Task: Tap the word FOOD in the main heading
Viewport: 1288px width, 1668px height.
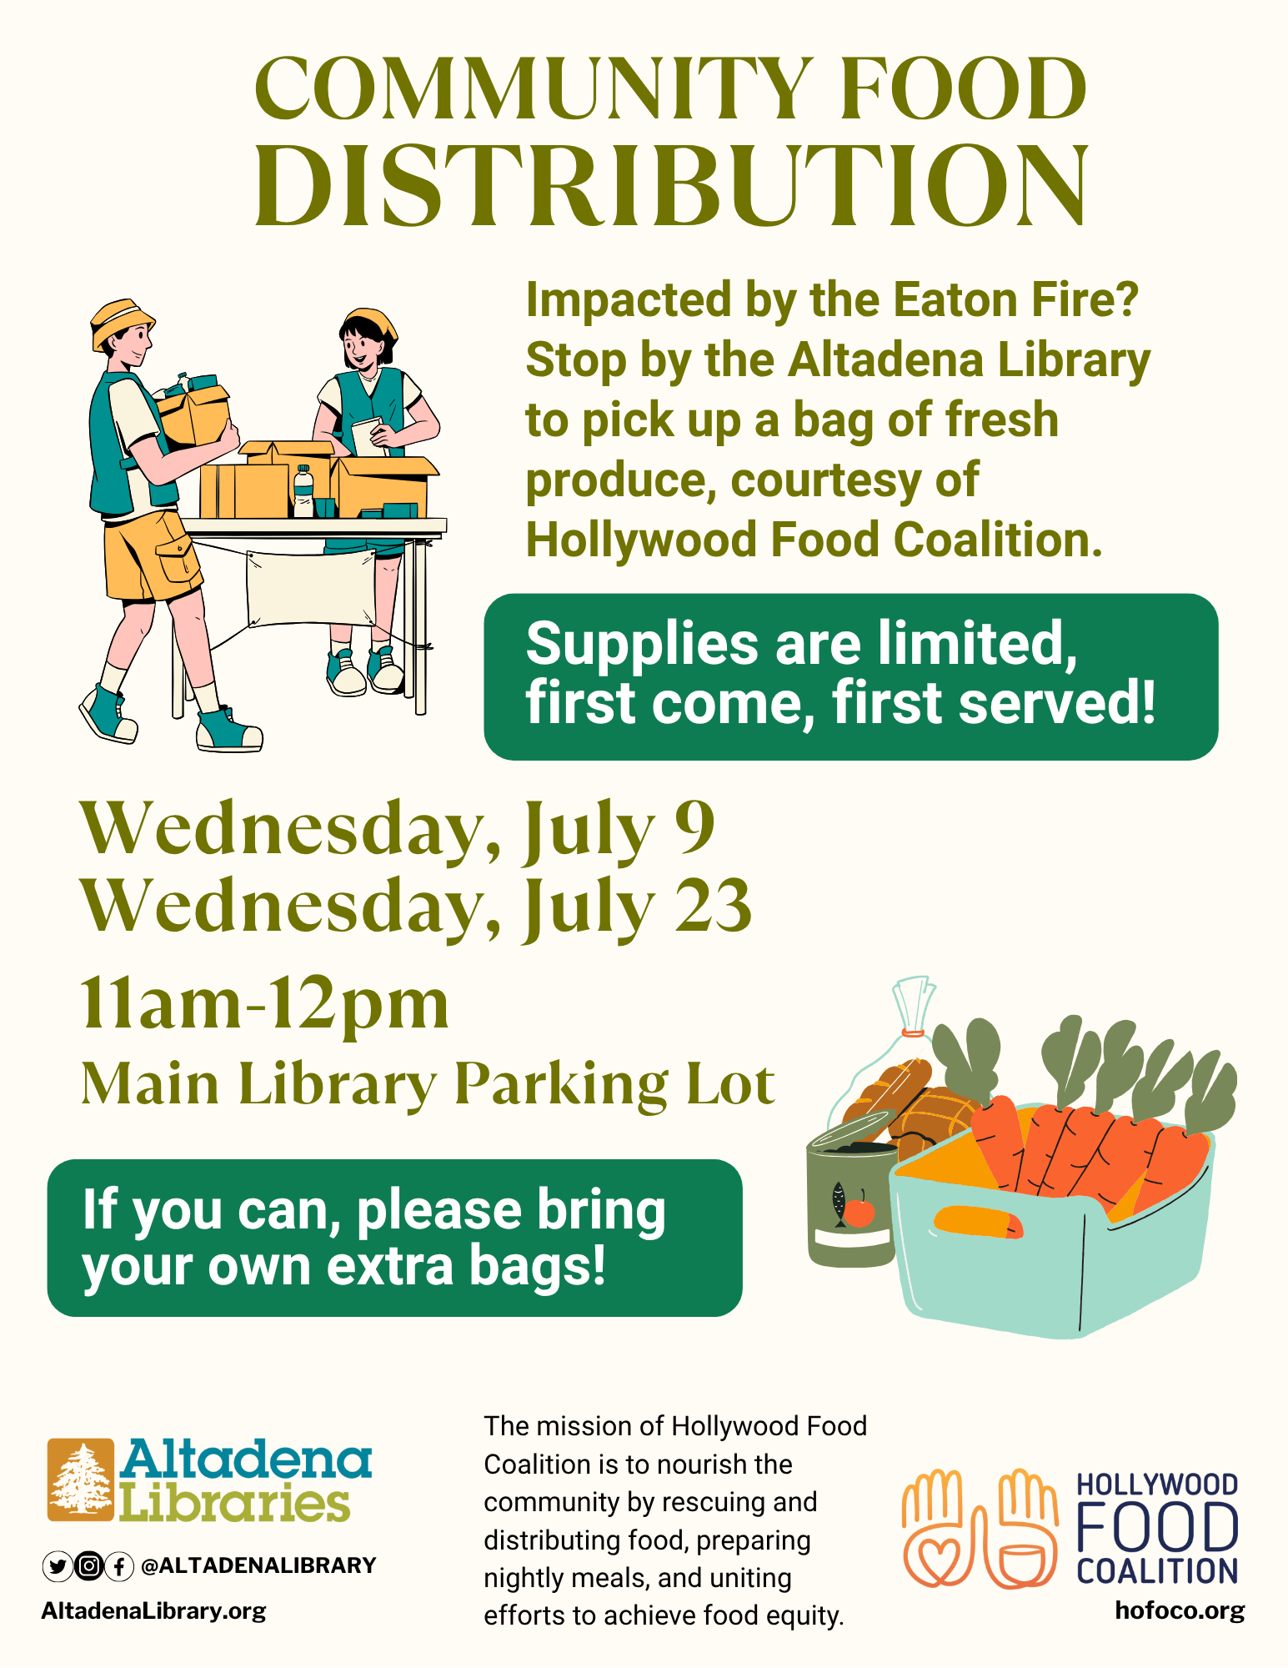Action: (x=963, y=88)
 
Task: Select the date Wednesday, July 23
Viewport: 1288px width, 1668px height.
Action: (x=415, y=907)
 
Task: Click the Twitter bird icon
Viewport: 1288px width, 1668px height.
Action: (x=57, y=1566)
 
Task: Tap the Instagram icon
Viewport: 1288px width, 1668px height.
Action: (x=88, y=1566)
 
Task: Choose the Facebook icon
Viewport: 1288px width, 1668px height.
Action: (x=119, y=1566)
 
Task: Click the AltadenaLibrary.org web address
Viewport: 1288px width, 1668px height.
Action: (x=153, y=1610)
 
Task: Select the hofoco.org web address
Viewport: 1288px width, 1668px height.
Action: (x=1180, y=1610)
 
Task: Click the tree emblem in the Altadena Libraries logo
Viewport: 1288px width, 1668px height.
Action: (x=81, y=1480)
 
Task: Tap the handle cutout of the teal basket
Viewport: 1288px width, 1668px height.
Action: (x=978, y=1222)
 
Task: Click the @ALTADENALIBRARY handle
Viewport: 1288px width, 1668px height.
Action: (x=258, y=1565)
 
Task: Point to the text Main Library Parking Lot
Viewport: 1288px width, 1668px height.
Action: (x=428, y=1083)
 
